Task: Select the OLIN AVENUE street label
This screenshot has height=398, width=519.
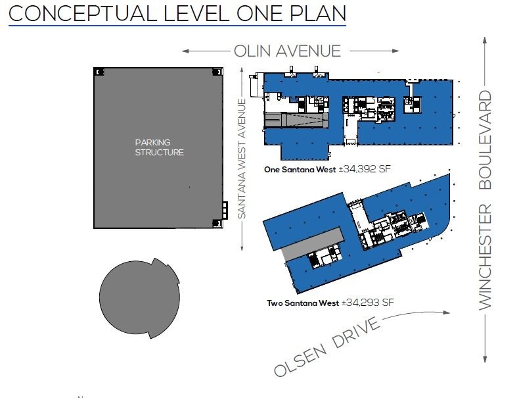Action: click(287, 51)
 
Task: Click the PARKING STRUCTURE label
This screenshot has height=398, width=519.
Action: click(159, 147)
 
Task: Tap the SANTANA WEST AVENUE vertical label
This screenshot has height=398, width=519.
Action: click(241, 159)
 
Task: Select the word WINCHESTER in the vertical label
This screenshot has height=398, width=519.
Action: click(485, 257)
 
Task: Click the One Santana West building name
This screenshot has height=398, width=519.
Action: click(299, 169)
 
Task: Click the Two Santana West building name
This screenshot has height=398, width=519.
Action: click(302, 303)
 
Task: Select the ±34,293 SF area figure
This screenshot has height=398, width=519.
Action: click(367, 303)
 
